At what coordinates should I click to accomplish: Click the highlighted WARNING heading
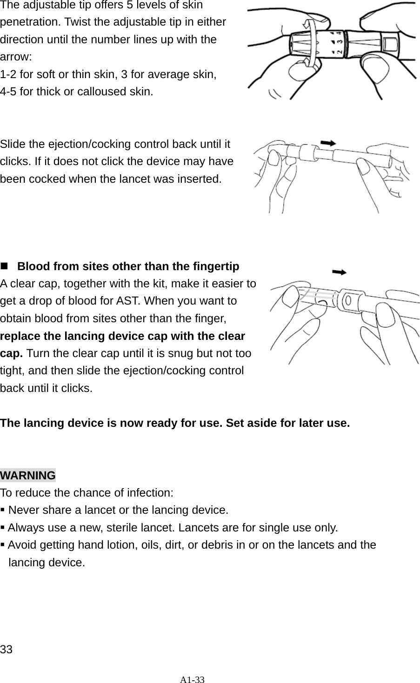point(28,476)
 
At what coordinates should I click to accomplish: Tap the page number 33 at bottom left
point(7,649)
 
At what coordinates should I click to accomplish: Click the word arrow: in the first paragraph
point(16,57)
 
